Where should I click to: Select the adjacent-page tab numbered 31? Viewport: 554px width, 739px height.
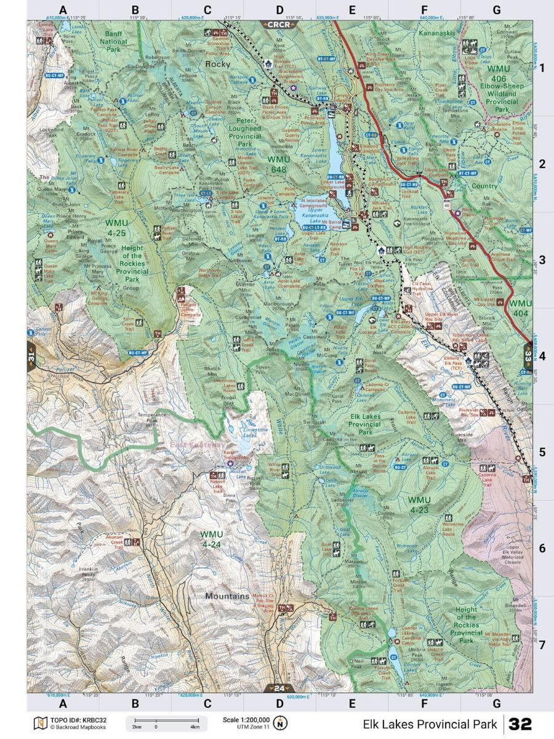tap(31, 356)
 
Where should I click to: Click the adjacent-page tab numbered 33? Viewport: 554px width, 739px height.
tap(528, 355)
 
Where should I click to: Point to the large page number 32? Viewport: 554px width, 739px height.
tap(520, 724)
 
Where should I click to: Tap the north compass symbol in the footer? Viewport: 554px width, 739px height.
tap(281, 723)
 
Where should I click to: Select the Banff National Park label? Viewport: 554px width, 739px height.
tap(113, 42)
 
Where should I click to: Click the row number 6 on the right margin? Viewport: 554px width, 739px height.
tap(542, 548)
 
